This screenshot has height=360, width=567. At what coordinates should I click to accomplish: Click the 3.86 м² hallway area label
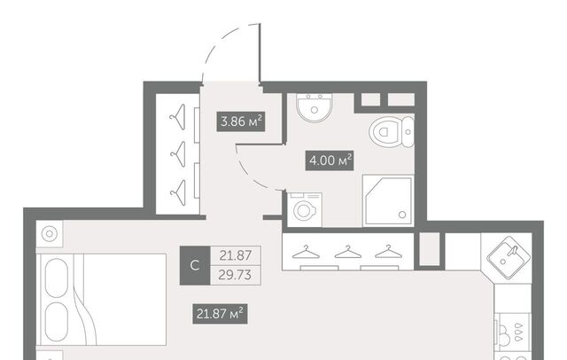pos(241,121)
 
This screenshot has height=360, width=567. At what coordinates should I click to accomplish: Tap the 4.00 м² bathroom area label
pos(330,160)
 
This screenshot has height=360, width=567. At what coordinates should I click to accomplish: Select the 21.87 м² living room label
pos(220,314)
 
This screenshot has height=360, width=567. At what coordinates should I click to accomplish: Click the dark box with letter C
pos(195,266)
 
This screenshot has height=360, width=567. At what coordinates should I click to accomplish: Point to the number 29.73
pos(235,276)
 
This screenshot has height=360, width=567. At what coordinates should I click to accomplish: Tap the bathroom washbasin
pos(315,108)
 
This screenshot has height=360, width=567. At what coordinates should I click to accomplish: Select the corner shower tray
pos(388,200)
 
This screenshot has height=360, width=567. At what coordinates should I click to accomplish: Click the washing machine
pos(305,210)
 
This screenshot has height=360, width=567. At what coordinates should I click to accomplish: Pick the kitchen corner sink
pos(509,257)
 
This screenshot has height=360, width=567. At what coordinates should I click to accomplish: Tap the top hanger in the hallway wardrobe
pos(178,117)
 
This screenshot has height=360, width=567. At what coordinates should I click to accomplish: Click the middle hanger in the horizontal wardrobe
pos(348,252)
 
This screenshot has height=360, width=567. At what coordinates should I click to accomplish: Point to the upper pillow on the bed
pos(57,278)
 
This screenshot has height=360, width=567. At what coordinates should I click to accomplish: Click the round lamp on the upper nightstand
pos(50,234)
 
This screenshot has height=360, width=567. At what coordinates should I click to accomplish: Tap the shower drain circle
pos(402,215)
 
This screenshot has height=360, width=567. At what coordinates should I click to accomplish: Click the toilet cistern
pos(408,132)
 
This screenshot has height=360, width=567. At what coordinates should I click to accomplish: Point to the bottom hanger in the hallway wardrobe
pos(178,192)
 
